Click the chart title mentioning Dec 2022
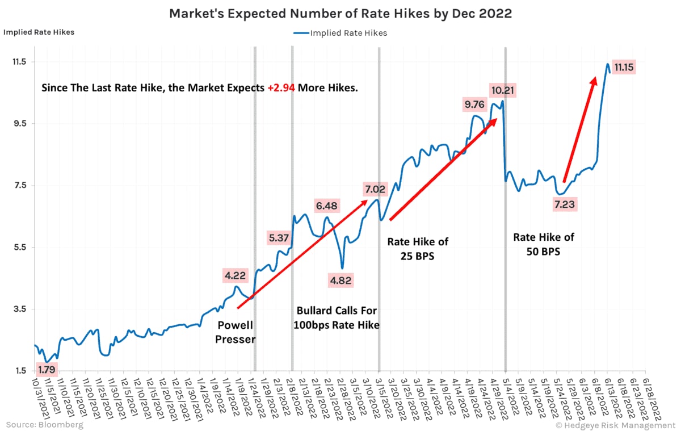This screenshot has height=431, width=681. pos(340,14)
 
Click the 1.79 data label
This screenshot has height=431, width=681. pos(47,370)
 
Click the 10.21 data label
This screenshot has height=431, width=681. pos(503,90)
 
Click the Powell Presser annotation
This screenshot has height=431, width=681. pos(236,332)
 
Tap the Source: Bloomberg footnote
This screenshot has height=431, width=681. pos(44,424)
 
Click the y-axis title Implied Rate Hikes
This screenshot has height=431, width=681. pos(39,32)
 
